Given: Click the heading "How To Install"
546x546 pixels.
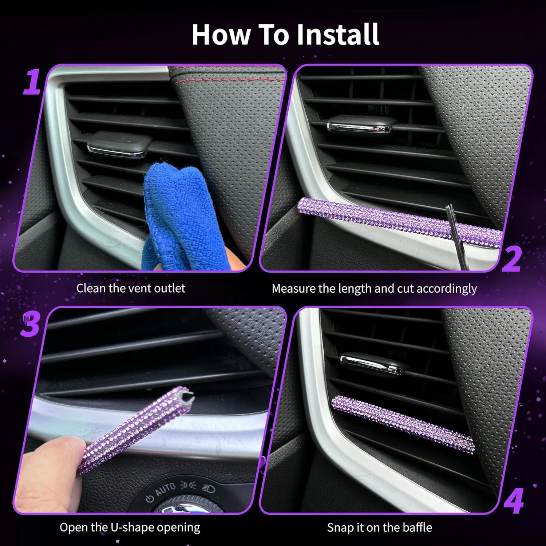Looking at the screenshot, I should tap(285, 35).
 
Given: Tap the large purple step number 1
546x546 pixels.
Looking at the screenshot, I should tap(32, 82).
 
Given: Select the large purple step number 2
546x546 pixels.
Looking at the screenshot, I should tap(511, 259).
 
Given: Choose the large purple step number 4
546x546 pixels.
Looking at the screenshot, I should tap(514, 501).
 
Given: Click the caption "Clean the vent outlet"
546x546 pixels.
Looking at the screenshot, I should tap(131, 288).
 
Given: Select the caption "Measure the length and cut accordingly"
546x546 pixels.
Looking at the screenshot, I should tap(374, 289).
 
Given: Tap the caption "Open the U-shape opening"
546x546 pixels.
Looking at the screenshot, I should tap(130, 527).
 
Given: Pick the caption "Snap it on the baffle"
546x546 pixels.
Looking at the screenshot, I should tap(379, 527).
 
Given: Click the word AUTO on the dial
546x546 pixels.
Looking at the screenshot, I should tap(166, 489).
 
